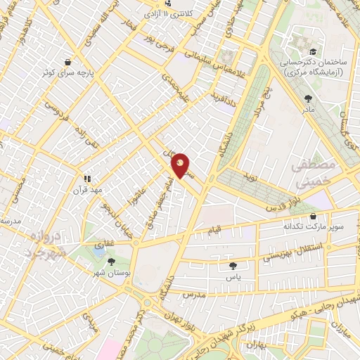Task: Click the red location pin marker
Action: click(x=181, y=165)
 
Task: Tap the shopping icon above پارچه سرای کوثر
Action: click(x=67, y=61)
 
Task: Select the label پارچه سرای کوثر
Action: click(x=67, y=73)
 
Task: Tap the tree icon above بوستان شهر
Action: click(x=112, y=262)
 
